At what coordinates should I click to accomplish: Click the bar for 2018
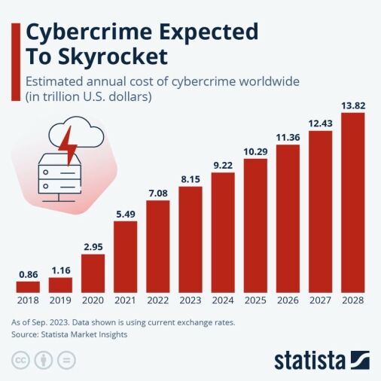(27, 287)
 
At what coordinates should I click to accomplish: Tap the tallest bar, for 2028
(352, 203)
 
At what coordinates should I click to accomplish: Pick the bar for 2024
(223, 232)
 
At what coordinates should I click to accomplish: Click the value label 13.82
(352, 105)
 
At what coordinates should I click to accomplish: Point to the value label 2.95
(93, 246)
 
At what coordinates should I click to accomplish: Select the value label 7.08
(158, 193)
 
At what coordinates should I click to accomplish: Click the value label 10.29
(255, 151)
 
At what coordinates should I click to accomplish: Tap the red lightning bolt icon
(70, 147)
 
